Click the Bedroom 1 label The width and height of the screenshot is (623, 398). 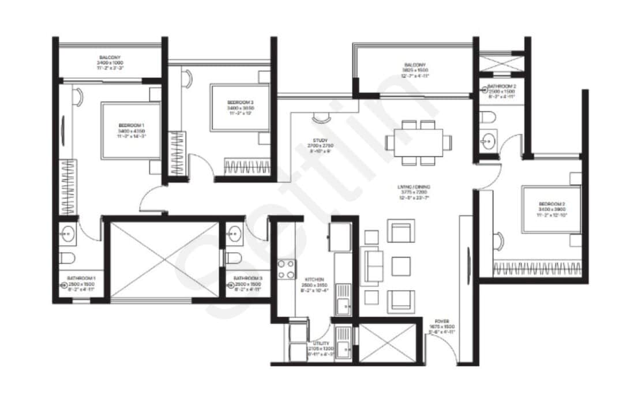tap(132, 125)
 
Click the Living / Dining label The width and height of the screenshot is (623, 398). tap(414, 187)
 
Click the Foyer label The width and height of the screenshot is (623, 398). tap(442, 321)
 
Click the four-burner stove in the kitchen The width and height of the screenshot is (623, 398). tap(286, 269)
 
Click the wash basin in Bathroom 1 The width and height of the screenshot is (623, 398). tap(67, 234)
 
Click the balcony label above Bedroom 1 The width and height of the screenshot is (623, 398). tap(109, 58)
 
